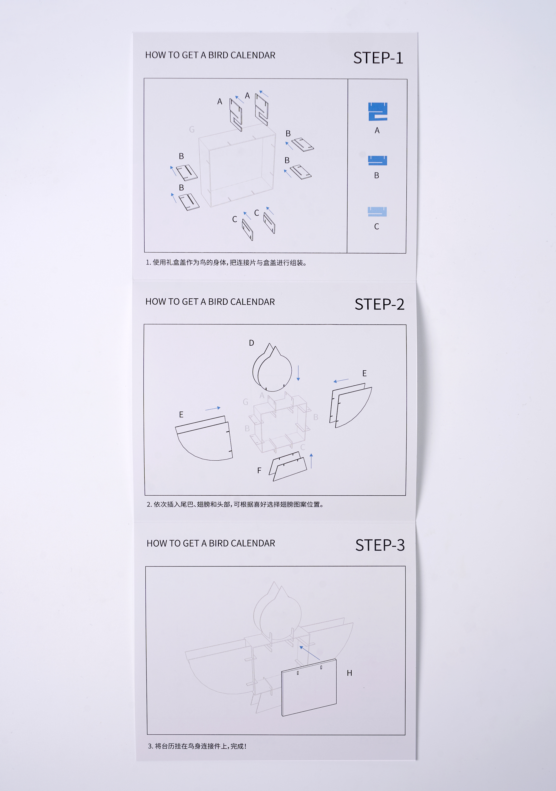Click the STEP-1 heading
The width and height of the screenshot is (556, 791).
coord(378,58)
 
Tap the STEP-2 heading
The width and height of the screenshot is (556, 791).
coord(379,304)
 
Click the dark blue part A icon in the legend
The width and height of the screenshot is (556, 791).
coord(378,112)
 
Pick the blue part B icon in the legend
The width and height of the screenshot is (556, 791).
coord(378,161)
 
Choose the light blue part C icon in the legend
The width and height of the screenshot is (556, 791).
coord(377,211)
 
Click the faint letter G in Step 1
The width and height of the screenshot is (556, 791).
coord(192,129)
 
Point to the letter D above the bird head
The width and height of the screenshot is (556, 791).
coord(251,343)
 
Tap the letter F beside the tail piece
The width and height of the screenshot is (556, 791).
coord(259,470)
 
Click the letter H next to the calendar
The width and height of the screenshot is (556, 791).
coord(349,673)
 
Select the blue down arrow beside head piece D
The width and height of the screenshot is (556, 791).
coord(298,373)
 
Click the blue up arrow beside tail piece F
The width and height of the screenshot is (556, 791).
coord(311,461)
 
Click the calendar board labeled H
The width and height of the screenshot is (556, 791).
coord(309,688)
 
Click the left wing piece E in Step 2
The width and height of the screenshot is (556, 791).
coord(204,438)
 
